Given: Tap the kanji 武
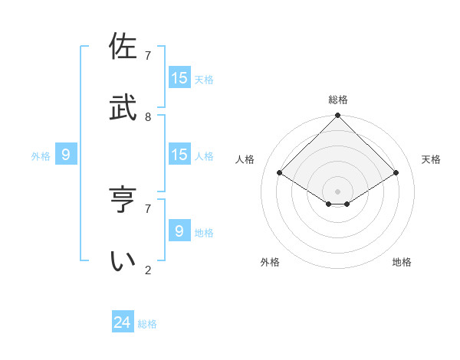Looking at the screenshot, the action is click(x=123, y=108).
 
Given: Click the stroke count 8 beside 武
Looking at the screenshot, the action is click(x=148, y=116).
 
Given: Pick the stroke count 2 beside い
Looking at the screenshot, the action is click(x=148, y=270).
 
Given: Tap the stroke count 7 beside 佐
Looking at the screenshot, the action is click(x=148, y=55).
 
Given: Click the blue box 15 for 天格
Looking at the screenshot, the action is click(x=179, y=78).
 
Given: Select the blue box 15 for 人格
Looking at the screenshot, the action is click(x=179, y=155).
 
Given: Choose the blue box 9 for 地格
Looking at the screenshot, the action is click(x=179, y=231).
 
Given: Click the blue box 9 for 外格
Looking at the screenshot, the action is click(x=66, y=155).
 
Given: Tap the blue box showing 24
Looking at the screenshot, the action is click(x=123, y=322).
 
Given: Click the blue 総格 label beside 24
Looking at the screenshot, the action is click(x=148, y=324).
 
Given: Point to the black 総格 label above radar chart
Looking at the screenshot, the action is click(x=338, y=100).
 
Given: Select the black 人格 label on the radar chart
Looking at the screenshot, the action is click(x=245, y=159).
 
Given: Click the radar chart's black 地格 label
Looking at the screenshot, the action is click(x=402, y=262).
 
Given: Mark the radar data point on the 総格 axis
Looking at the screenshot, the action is click(x=338, y=116).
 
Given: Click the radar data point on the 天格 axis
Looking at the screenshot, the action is click(x=396, y=173).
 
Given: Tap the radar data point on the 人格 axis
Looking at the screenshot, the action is click(x=280, y=173).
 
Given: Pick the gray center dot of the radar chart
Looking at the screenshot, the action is click(x=338, y=191).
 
